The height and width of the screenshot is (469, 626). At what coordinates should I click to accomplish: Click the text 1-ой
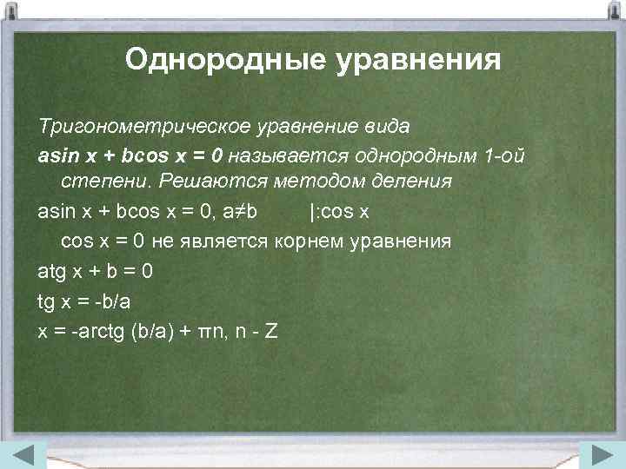click(x=504, y=155)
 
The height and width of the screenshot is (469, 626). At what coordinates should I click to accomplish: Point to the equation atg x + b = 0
click(x=96, y=271)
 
